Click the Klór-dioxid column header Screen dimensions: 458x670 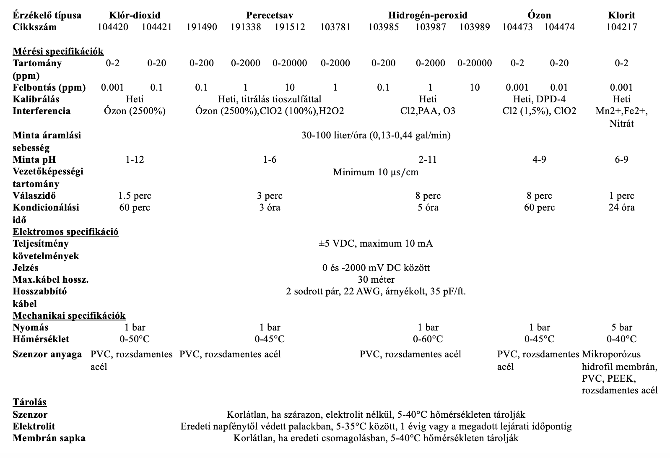click(x=134, y=16)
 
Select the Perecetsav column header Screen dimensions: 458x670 click(x=269, y=16)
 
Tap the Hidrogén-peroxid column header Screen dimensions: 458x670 click(x=428, y=16)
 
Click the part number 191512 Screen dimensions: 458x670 click(x=290, y=27)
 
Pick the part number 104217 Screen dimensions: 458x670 click(x=621, y=27)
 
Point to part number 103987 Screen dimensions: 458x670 click(x=430, y=27)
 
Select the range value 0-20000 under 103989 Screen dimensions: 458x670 click(x=475, y=63)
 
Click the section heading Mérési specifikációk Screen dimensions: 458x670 click(x=58, y=51)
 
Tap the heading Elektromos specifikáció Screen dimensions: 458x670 click(x=65, y=232)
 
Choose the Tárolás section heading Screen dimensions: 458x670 click(x=29, y=402)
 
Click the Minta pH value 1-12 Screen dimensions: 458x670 click(x=135, y=160)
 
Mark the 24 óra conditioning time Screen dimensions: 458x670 click(x=621, y=208)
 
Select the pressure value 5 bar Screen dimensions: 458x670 click(x=621, y=328)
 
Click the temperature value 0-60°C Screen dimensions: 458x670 click(x=428, y=339)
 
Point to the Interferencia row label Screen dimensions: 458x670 click(x=42, y=111)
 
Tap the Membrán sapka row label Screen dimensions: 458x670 click(x=49, y=438)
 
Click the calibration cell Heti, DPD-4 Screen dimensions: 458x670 click(x=539, y=99)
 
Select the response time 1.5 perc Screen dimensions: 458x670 click(x=135, y=196)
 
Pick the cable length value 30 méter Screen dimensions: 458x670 click(x=376, y=280)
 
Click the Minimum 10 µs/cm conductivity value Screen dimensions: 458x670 click(x=376, y=172)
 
